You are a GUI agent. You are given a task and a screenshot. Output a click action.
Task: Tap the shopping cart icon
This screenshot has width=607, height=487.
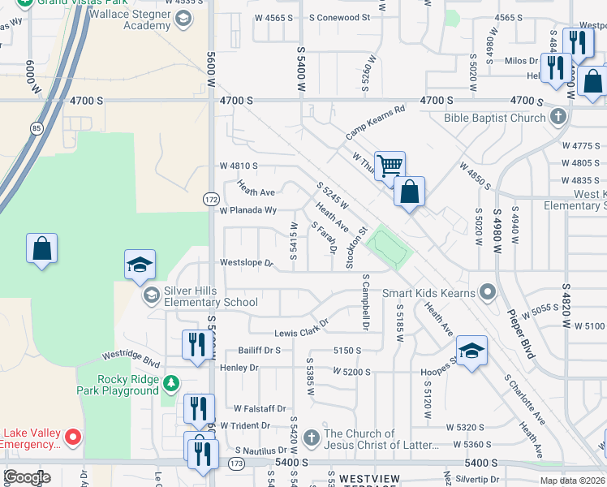390,166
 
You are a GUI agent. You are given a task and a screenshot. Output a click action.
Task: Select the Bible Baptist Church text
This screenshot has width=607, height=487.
494,118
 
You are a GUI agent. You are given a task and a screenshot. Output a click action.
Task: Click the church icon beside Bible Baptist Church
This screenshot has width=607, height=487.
557,118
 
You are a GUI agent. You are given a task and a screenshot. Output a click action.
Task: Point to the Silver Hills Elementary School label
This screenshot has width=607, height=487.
211,296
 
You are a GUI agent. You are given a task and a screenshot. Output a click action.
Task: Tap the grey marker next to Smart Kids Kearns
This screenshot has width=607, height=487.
487,291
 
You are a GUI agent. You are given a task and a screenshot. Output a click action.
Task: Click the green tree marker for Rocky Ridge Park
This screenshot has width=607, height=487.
170,382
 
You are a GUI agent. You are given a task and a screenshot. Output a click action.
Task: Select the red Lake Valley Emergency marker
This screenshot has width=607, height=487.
73,438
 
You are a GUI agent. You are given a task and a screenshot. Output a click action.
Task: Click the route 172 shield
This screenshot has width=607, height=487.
211,199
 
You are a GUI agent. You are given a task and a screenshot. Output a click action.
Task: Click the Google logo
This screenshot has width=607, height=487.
26,476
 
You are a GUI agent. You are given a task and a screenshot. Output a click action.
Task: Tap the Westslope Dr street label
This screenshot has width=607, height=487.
248,263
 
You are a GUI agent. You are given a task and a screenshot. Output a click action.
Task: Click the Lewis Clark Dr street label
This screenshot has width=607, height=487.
301,327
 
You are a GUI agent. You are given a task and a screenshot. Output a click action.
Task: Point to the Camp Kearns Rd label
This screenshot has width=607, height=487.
375,122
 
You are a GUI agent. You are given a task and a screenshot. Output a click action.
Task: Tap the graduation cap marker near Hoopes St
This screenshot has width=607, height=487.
471,351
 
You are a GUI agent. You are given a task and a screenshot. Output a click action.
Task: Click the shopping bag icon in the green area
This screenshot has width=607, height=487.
41,248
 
